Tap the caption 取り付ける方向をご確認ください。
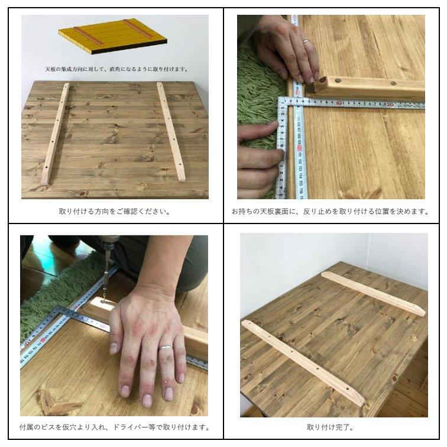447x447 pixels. [x=115, y=211]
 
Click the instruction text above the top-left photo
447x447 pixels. [x=114, y=69]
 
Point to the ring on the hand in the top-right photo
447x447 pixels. [x=306, y=42]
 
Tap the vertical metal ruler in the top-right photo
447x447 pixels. [x=299, y=148]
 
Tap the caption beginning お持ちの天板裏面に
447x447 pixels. [x=331, y=211]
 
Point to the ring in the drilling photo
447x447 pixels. [x=166, y=348]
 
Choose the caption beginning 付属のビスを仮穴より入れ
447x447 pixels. [x=115, y=427]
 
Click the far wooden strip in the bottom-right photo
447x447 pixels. [x=372, y=294]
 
